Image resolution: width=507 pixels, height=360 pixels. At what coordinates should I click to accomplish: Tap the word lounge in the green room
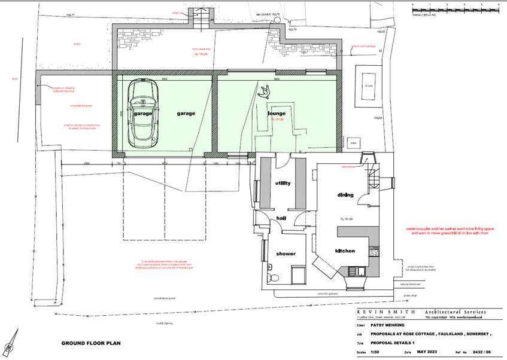(277, 113)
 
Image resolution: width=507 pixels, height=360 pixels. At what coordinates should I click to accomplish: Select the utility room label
(283, 183)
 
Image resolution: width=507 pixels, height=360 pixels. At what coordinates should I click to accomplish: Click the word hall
(280, 219)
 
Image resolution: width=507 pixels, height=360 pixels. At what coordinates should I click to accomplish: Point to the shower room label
(286, 254)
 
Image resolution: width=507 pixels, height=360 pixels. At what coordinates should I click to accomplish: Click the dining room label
(345, 195)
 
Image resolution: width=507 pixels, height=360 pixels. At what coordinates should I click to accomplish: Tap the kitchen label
(346, 251)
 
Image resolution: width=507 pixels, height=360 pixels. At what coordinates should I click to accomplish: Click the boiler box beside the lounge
(353, 144)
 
